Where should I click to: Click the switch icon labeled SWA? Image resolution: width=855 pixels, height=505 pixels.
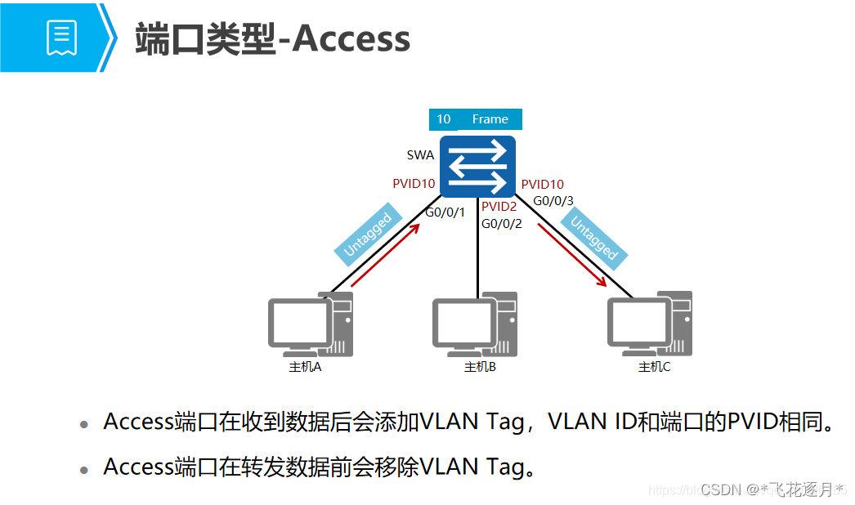(x=477, y=167)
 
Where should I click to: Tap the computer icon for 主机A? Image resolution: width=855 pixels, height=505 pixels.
(x=311, y=324)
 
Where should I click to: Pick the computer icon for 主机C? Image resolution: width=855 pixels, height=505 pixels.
(x=650, y=324)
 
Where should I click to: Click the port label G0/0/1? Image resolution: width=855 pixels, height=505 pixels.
(x=445, y=213)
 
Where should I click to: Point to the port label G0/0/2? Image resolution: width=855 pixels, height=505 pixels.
(x=501, y=223)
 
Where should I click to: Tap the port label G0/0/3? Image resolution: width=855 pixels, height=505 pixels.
(x=553, y=201)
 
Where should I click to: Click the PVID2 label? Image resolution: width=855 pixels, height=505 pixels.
(x=499, y=207)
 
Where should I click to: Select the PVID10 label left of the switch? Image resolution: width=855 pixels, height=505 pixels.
(x=414, y=184)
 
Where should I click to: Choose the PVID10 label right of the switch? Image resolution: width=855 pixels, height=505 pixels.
(x=543, y=185)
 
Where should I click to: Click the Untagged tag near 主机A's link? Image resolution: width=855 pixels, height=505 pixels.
(x=367, y=236)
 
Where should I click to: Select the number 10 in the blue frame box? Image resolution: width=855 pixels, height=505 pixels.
(x=443, y=119)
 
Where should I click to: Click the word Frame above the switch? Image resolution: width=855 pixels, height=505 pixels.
(x=490, y=119)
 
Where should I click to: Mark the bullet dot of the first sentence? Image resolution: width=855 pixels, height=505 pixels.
(x=84, y=425)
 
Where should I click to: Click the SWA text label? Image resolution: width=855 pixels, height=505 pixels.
(x=420, y=155)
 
